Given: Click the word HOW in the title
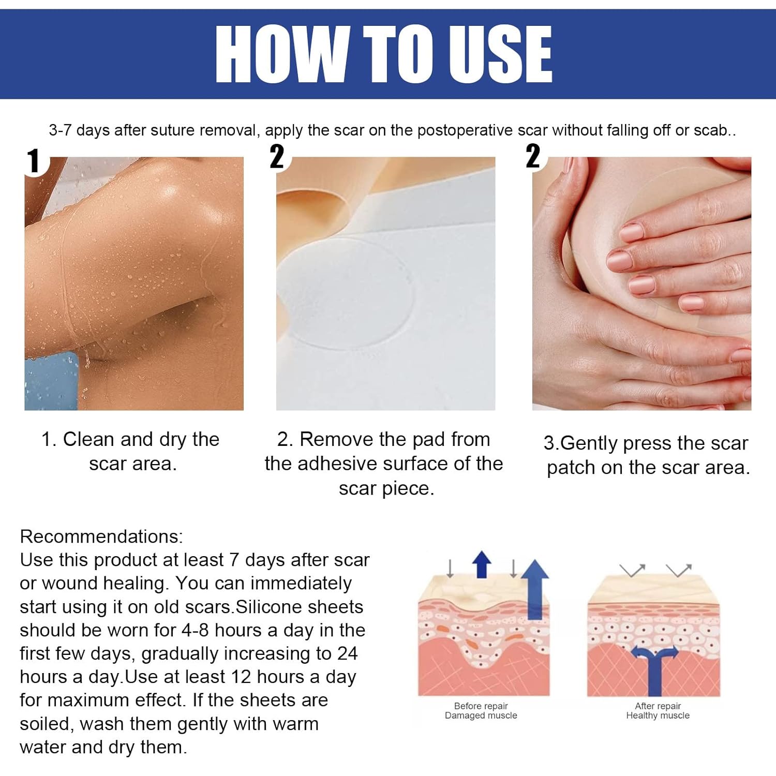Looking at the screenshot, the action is pos(282,53).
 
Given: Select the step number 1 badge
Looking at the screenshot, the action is pos(34,161).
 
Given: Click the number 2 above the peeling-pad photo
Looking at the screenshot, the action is pos(277,156).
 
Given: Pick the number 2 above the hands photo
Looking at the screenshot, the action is pos(533,156).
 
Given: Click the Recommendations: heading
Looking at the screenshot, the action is pos(101,536).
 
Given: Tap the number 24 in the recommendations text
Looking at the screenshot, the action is pos(347,653).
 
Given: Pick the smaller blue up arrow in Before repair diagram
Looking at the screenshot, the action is pos(482,564).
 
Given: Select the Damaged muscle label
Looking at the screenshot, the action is pos(481,715).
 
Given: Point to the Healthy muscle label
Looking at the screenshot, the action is pos(658,715).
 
